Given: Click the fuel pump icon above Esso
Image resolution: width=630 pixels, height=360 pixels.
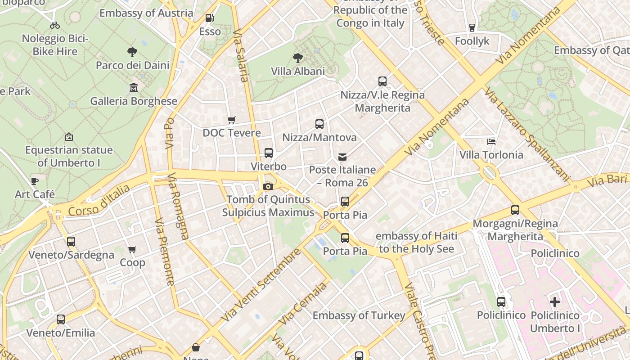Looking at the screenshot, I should [x=209, y=18].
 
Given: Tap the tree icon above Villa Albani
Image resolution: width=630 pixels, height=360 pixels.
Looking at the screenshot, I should [x=297, y=58].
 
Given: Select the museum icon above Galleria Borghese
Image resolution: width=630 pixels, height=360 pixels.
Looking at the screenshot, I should [x=134, y=87].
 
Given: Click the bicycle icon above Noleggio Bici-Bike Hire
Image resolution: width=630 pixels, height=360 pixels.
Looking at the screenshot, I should [x=55, y=25].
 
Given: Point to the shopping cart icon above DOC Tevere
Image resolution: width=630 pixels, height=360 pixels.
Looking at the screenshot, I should [x=231, y=120].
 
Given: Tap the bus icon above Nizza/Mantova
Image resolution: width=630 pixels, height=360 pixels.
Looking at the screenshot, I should [x=319, y=124].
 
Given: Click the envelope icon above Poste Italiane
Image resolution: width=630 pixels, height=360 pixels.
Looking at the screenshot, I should [x=342, y=157].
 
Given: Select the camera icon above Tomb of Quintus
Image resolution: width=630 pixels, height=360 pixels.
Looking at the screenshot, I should [x=268, y=186].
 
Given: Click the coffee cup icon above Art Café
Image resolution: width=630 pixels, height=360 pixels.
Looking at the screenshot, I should [x=35, y=181].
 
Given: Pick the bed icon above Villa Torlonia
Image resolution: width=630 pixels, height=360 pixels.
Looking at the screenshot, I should [x=491, y=141].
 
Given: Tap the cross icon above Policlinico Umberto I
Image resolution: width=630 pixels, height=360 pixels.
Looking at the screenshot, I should [x=555, y=302].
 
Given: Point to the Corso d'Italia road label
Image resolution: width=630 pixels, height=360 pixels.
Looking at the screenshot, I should [x=99, y=200].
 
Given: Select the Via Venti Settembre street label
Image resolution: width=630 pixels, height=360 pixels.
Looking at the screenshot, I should [x=261, y=284].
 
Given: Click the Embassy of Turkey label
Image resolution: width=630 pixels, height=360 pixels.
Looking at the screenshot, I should [x=359, y=315].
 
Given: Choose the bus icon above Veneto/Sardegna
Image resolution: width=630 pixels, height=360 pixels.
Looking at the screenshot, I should [x=71, y=242].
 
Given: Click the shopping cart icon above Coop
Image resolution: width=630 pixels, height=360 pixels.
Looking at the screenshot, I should [x=132, y=249].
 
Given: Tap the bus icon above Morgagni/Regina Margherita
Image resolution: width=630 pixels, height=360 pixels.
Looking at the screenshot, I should [x=515, y=210].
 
